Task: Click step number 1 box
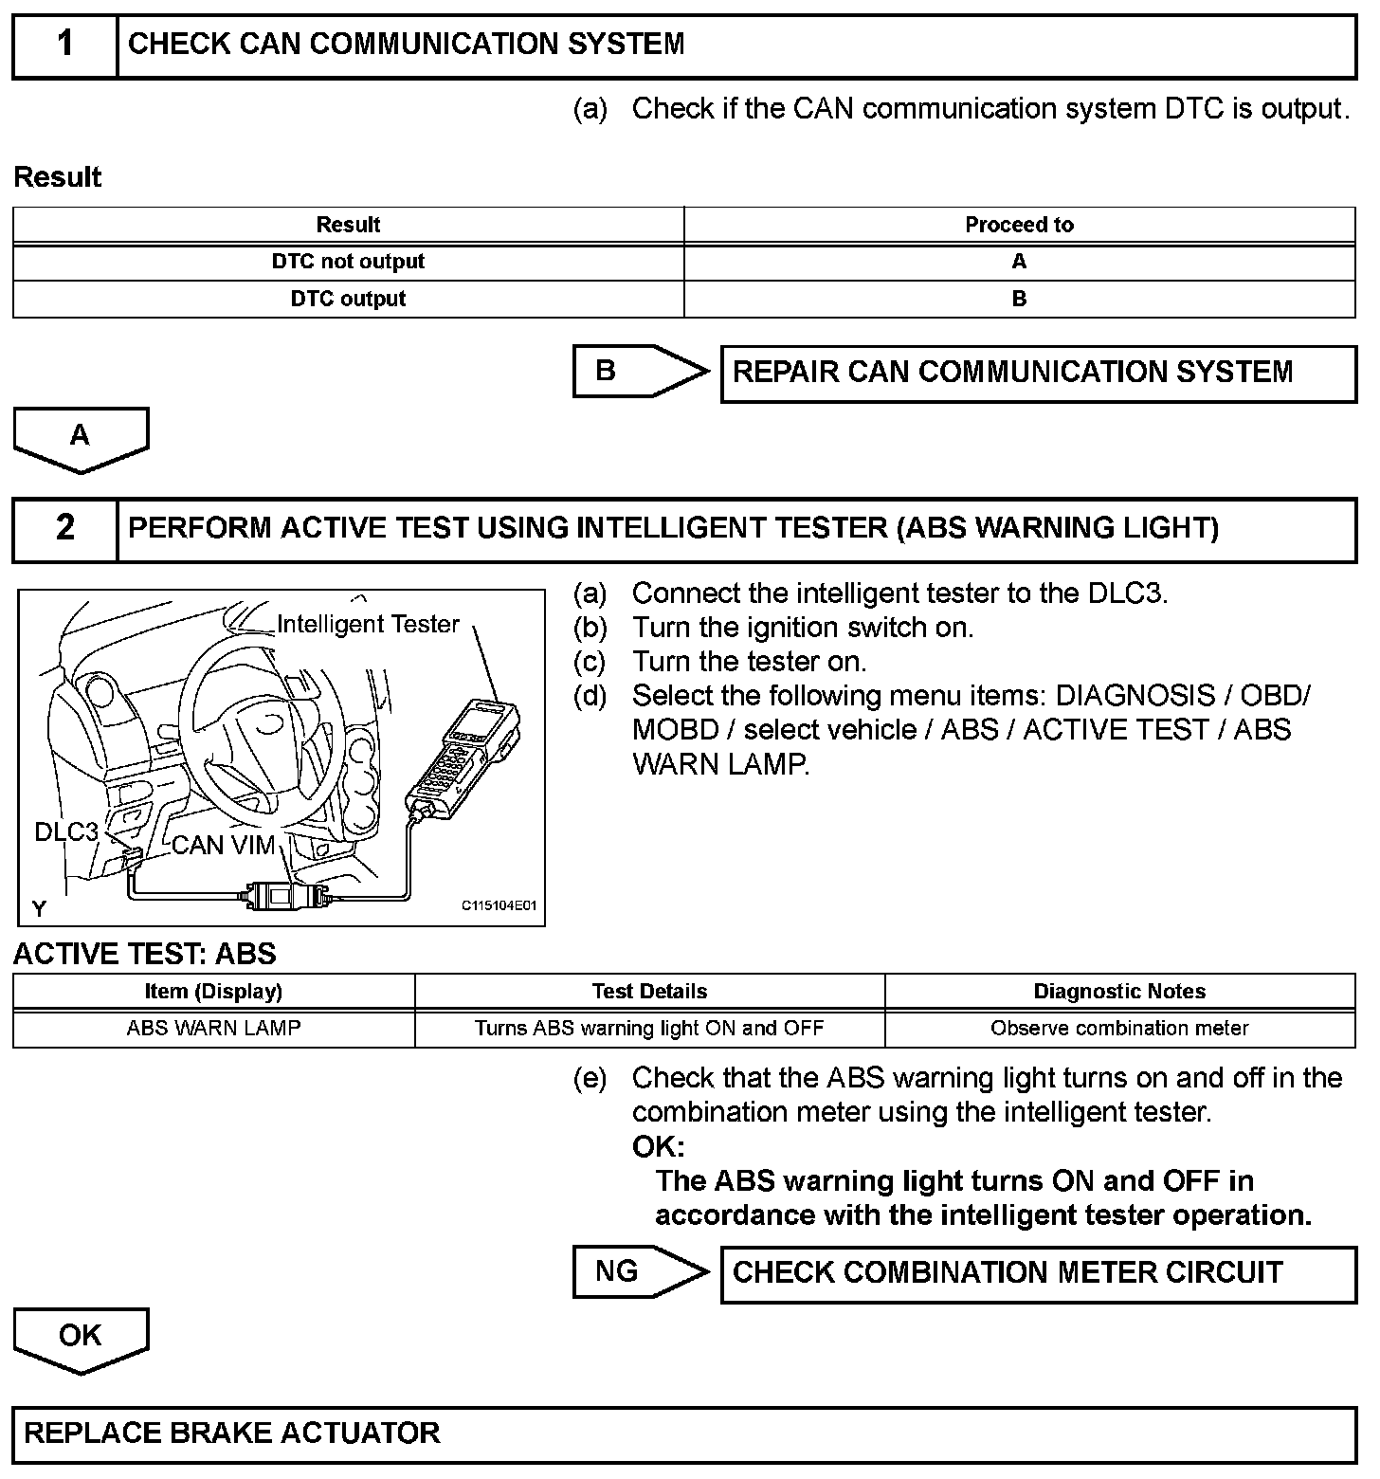pos(64,45)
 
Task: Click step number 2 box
pos(64,528)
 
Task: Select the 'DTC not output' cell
pos(348,262)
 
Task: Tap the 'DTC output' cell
pos(348,299)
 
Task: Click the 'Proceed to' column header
pos(1019,225)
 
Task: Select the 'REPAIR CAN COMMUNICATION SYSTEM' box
pos(1038,373)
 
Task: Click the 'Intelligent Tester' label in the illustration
pos(368,624)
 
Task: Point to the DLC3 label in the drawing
pos(66,831)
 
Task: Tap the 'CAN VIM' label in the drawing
pos(224,845)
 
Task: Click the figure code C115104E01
pos(499,905)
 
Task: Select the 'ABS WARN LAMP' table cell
pos(213,1029)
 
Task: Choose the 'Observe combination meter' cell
pos(1119,1029)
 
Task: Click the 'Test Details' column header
pos(649,992)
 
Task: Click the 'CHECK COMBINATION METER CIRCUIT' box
pos(1038,1273)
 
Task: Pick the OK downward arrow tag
pos(81,1338)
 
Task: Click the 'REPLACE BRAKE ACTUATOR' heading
pos(232,1433)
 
